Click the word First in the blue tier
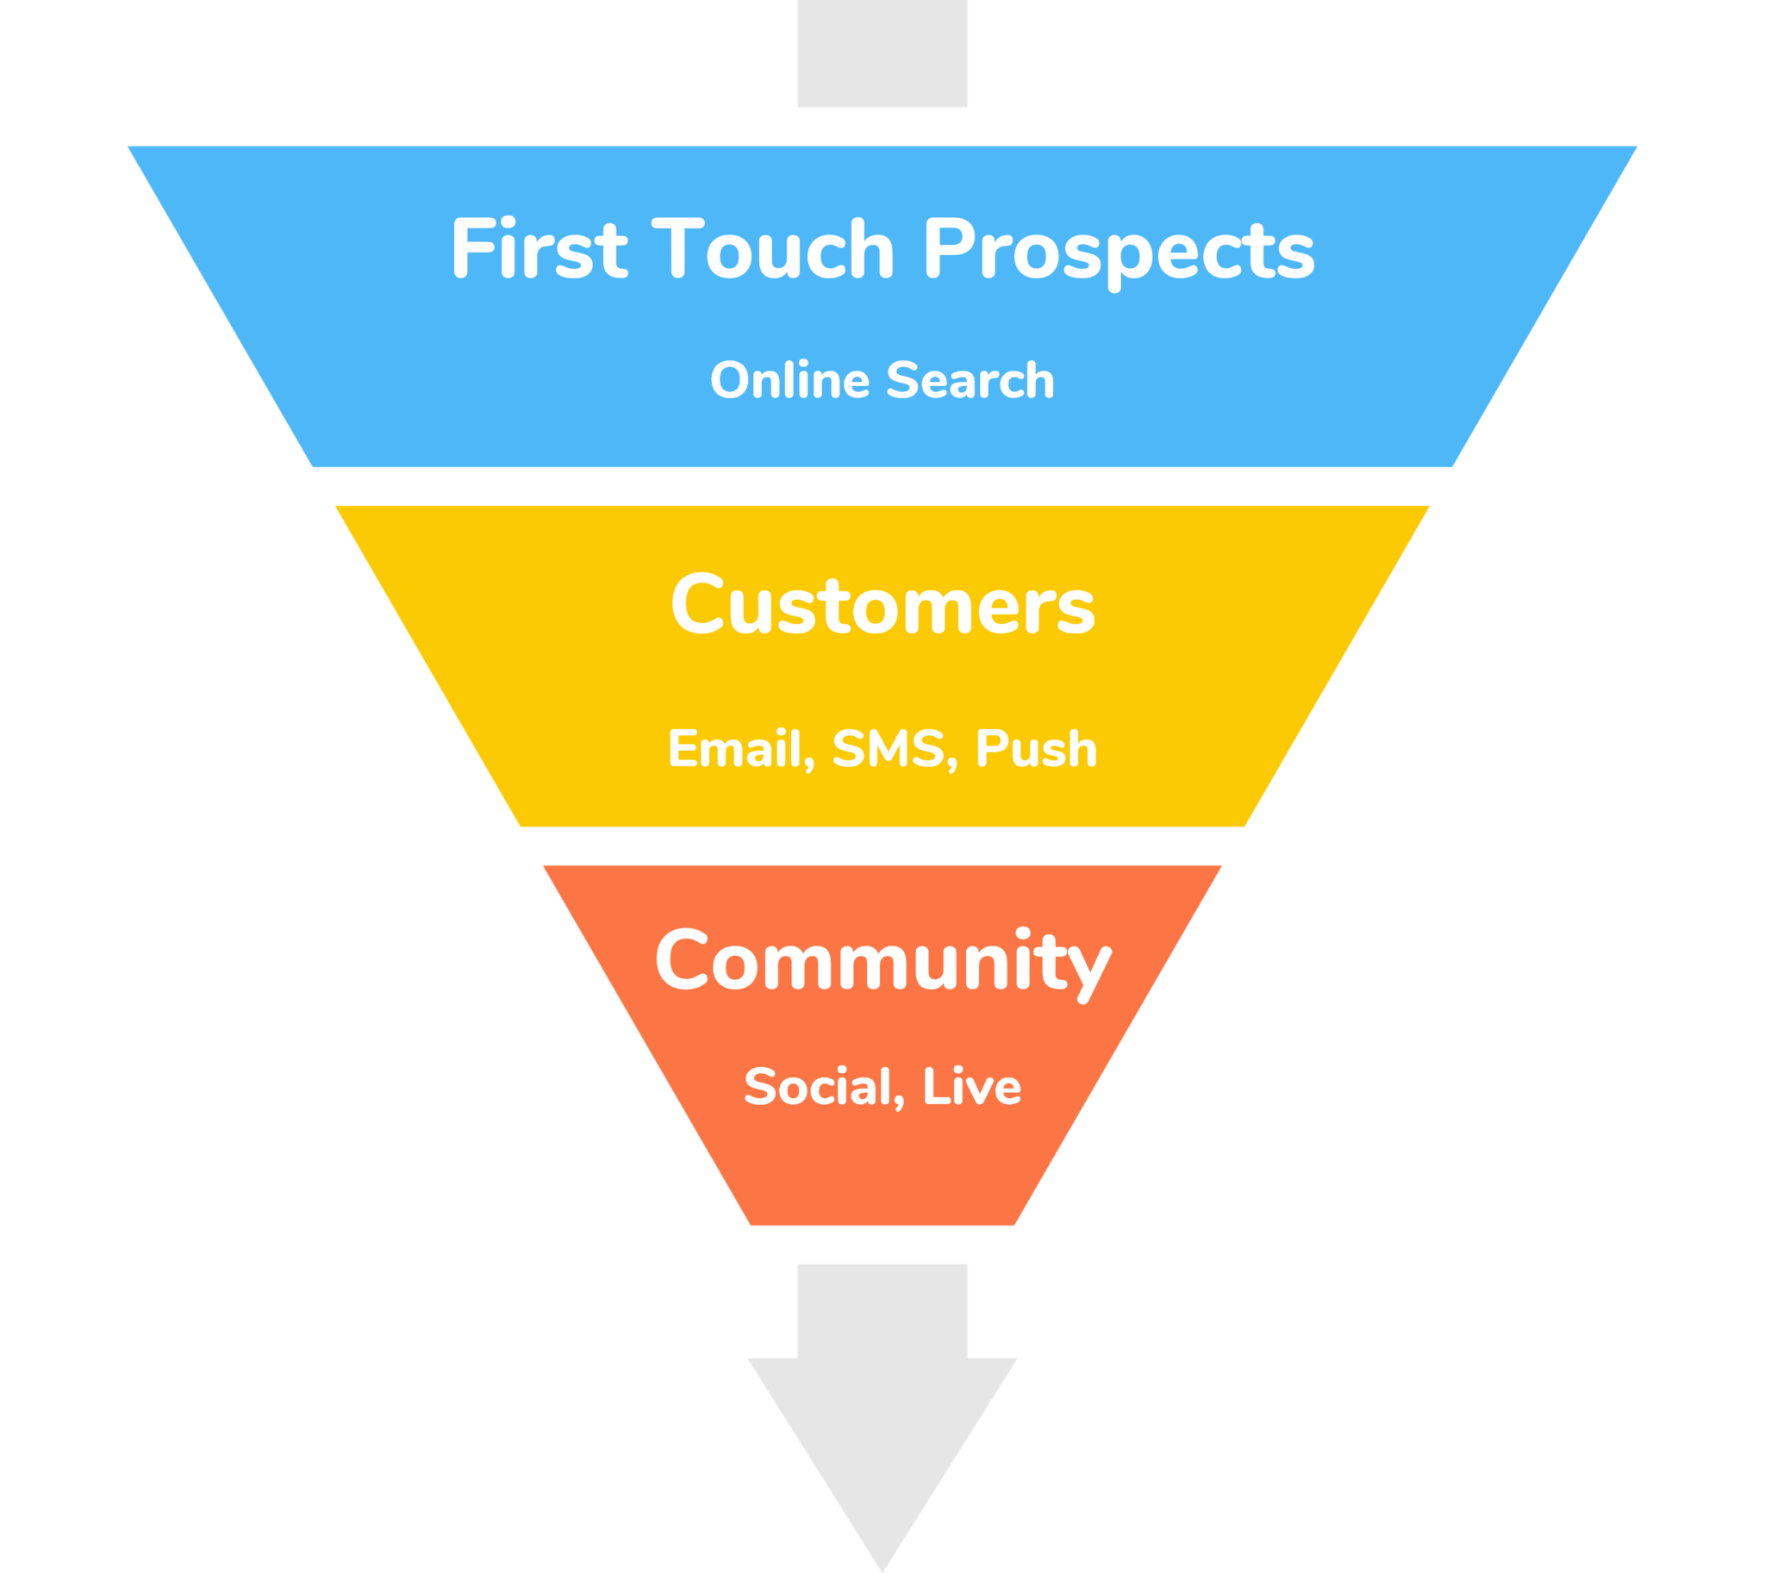pyautogui.click(x=538, y=250)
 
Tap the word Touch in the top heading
pyautogui.click(x=773, y=250)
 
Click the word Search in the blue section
pyautogui.click(x=970, y=380)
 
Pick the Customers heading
pyautogui.click(x=882, y=605)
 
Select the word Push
pyautogui.click(x=1036, y=748)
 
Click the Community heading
pyautogui.click(x=882, y=962)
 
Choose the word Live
pyautogui.click(x=971, y=1086)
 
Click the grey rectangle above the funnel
pyautogui.click(x=882, y=53)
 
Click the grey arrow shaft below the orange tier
pyautogui.click(x=882, y=1309)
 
